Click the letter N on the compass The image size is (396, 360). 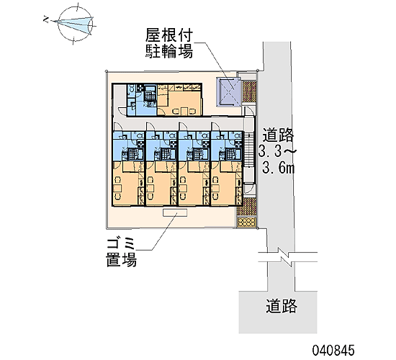pos(46,19)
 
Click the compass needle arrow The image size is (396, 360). pos(73,23)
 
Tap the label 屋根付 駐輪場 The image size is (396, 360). pos(169,43)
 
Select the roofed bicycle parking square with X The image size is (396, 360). pos(228,91)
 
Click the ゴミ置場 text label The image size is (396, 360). pos(122,253)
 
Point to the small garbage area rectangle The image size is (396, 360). pos(175,212)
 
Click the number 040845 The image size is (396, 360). pos(333,351)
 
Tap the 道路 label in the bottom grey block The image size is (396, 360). pos(282,306)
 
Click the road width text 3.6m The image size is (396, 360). pos(279,168)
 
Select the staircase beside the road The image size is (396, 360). pos(249,150)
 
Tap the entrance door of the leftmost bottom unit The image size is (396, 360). pos(117,127)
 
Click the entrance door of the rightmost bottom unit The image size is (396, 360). pos(215,127)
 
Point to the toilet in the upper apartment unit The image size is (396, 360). pos(131,89)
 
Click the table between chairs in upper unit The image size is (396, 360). pos(184,111)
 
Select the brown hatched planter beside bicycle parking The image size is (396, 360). pos(249,91)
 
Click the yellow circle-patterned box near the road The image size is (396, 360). pos(246,222)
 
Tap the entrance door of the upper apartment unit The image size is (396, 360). pos(122,111)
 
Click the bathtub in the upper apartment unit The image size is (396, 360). pos(150,96)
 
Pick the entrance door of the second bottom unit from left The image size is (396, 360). pos(150,127)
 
